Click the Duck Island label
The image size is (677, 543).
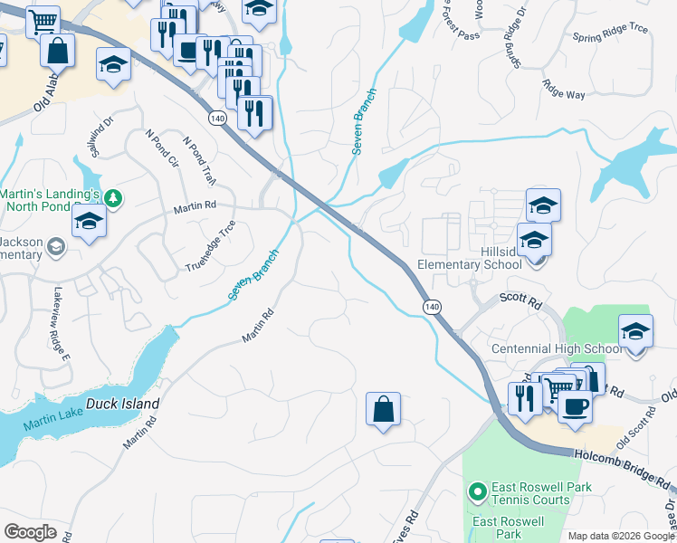pyautogui.click(x=123, y=404)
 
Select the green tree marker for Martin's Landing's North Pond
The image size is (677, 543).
pyautogui.click(x=113, y=196)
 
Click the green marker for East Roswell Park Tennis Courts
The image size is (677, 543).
pyautogui.click(x=476, y=492)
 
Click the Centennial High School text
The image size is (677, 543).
pyautogui.click(x=556, y=348)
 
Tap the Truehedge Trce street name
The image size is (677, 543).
pyautogui.click(x=211, y=245)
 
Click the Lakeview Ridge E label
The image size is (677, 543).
pyautogui.click(x=62, y=312)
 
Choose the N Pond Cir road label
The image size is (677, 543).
pyautogui.click(x=162, y=148)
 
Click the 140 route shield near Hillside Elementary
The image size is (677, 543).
pyautogui.click(x=433, y=308)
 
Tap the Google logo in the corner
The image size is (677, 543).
pyautogui.click(x=30, y=532)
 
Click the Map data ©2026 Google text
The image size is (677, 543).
pyautogui.click(x=621, y=536)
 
